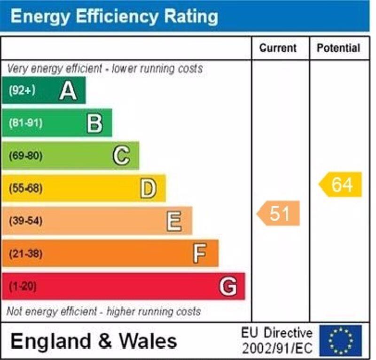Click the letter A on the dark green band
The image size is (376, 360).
(68, 90)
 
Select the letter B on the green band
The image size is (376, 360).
(94, 123)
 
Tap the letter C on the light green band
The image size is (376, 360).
(121, 156)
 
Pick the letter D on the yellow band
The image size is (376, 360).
(148, 189)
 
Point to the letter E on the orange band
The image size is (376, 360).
(174, 221)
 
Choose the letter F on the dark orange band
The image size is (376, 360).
(200, 254)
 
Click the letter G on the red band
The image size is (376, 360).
(227, 287)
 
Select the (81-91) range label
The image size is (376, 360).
(25, 123)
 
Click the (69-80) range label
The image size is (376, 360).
(25, 156)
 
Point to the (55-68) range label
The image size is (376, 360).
(25, 189)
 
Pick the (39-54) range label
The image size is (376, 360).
(25, 221)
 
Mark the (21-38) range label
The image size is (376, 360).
(25, 254)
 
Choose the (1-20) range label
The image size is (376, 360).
(23, 287)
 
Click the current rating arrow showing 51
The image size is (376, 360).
(279, 214)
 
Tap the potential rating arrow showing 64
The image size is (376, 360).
(341, 184)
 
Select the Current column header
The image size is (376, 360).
(278, 48)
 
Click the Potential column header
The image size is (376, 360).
(338, 48)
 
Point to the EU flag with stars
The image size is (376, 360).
(341, 340)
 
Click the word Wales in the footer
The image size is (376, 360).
(148, 341)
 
